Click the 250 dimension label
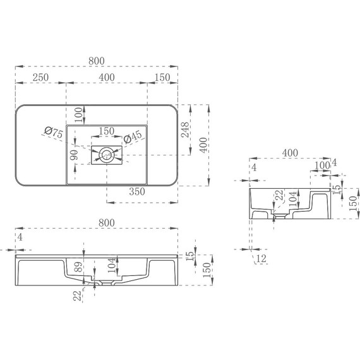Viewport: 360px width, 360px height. point(41,77)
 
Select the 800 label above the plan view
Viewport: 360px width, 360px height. point(97,61)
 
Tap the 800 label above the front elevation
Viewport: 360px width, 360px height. point(107,222)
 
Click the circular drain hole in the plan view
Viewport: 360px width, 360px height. point(107,153)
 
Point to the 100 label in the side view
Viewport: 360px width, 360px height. point(321,165)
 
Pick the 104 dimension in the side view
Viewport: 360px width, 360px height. point(292,200)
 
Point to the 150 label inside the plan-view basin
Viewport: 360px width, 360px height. point(106,131)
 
